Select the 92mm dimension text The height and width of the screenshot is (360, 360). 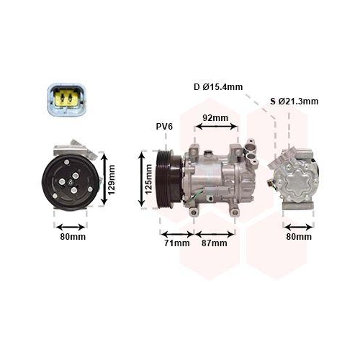pyautogui.click(x=215, y=118)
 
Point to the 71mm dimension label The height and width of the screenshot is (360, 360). pyautogui.click(x=176, y=243)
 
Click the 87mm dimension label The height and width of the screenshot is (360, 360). pyautogui.click(x=214, y=243)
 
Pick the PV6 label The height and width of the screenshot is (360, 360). pyautogui.click(x=165, y=127)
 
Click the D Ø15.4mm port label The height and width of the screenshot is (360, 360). pyautogui.click(x=218, y=87)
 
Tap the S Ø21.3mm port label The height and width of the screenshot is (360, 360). pyautogui.click(x=294, y=102)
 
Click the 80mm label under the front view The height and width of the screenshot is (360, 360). pyautogui.click(x=72, y=236)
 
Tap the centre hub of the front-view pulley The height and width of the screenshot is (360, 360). pyautogui.click(x=72, y=180)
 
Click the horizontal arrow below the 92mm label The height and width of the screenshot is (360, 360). pyautogui.click(x=217, y=127)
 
